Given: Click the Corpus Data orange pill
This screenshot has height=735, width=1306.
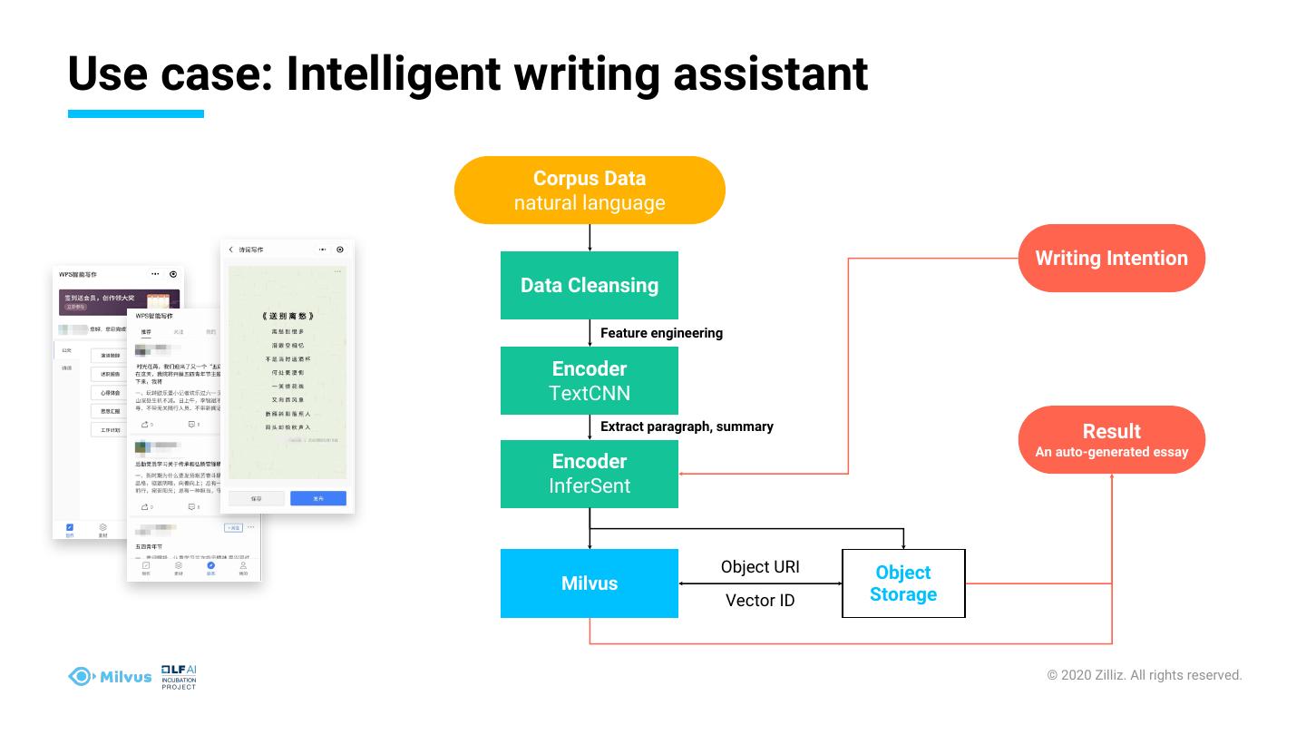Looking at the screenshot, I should (590, 191).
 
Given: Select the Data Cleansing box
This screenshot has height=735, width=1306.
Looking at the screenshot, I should (590, 285).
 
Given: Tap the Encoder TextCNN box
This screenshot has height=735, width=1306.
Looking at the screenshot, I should (590, 381).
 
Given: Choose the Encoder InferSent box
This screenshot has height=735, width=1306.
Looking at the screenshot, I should (590, 474).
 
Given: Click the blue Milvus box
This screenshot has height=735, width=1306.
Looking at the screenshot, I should (590, 583).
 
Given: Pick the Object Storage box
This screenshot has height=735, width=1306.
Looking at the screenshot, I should (903, 583).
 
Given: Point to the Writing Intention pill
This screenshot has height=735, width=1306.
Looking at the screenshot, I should (1111, 258).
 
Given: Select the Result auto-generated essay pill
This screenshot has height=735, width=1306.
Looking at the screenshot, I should (1111, 440).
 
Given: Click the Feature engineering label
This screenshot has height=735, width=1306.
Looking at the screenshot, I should (661, 333).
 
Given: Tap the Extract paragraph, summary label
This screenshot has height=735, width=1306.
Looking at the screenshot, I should (687, 426).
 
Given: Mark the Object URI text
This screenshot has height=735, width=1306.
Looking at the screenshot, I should (760, 567).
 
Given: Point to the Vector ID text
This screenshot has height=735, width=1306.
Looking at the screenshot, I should (760, 601).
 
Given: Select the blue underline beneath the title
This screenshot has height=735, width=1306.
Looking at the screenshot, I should (136, 114).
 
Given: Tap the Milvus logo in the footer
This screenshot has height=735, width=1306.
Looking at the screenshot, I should (110, 676).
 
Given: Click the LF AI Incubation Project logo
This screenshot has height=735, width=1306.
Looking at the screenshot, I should (179, 677).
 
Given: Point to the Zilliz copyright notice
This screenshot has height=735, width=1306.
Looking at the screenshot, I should (1145, 675).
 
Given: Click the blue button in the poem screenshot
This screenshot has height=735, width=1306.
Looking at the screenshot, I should (317, 498).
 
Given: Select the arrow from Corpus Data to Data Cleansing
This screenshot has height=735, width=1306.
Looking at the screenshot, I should (590, 238).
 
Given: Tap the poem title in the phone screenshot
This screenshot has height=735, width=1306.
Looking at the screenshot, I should (287, 316).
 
